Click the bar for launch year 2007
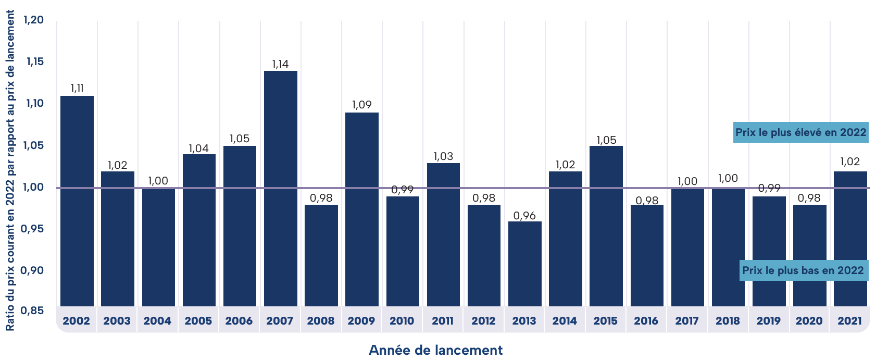coord(280,188)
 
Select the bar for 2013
coord(524,263)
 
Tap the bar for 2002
coord(77,201)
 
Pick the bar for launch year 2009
coord(361,208)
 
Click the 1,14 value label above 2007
coord(280,64)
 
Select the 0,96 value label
coord(524,216)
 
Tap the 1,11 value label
coord(77,88)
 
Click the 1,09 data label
coord(361,105)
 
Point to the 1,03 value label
coord(443,156)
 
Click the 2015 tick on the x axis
coord(605,321)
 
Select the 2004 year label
coord(157,321)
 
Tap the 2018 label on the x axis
coord(728,321)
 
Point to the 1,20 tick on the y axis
coord(33,20)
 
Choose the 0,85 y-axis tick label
coord(32,311)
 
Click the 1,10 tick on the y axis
coord(33,103)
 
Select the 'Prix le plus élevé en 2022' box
coord(800,132)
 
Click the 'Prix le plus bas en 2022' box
coord(804,270)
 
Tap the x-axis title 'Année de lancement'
coord(435,350)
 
